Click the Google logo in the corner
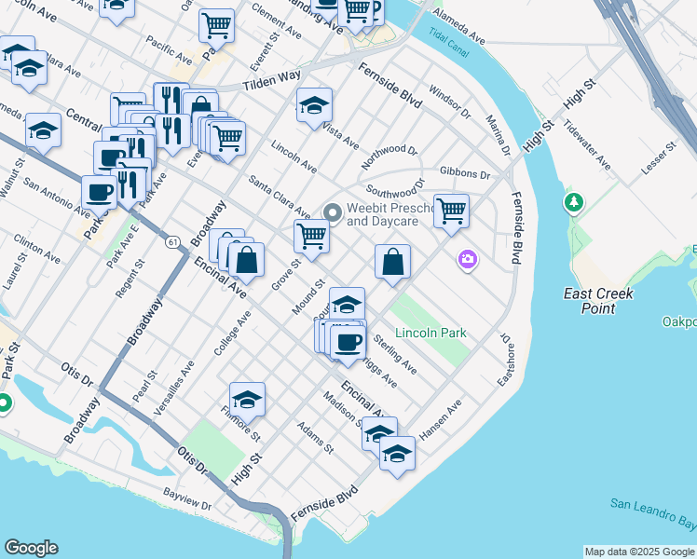pos(31,548)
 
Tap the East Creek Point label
pos(598,300)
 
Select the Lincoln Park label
pos(430,333)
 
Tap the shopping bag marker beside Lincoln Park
pos(393,262)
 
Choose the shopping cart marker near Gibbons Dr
pos(451,210)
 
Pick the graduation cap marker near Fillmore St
pos(247,399)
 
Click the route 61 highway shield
pos(172,242)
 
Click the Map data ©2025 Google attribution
pos(639,552)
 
